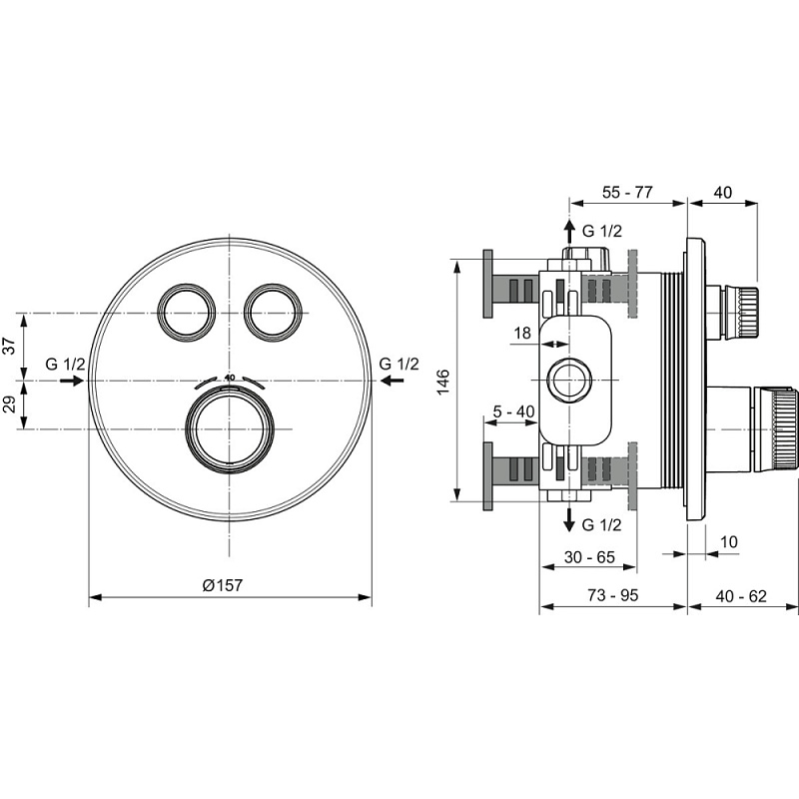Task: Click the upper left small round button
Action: click(186, 313)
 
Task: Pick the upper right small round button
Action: click(271, 313)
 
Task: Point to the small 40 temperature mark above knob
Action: click(230, 378)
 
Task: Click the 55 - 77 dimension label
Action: click(626, 193)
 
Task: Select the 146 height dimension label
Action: click(443, 382)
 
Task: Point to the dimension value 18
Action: click(522, 334)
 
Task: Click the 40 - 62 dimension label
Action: click(741, 596)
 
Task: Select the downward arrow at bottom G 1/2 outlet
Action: click(569, 519)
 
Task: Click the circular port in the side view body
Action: click(569, 381)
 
